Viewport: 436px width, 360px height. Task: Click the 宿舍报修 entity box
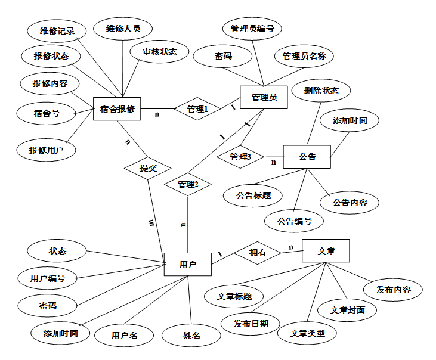click(x=117, y=108)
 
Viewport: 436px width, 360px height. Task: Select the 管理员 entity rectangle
click(x=264, y=97)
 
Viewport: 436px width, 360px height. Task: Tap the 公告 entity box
click(x=307, y=157)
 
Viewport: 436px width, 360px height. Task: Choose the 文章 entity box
click(x=326, y=251)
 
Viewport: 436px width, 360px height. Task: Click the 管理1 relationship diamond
click(x=197, y=109)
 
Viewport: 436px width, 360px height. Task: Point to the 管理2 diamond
click(x=188, y=184)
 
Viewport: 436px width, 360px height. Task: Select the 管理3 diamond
click(x=239, y=157)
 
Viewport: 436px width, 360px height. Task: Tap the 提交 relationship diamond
click(x=148, y=168)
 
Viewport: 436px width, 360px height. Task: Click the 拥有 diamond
click(x=258, y=253)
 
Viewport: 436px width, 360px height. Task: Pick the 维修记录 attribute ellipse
click(x=57, y=31)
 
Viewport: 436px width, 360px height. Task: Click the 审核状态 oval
click(x=160, y=52)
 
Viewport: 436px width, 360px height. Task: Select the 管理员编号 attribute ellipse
click(x=252, y=28)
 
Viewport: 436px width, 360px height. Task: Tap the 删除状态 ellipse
click(x=321, y=91)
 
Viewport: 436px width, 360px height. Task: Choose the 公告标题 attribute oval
click(x=253, y=195)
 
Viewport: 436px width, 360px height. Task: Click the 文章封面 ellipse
click(x=348, y=310)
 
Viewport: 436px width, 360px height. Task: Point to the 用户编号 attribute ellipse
click(x=48, y=278)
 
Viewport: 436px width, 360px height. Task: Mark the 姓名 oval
click(x=191, y=336)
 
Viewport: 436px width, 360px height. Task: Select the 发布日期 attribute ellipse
click(x=251, y=324)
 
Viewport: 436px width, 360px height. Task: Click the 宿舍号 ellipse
click(x=47, y=113)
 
